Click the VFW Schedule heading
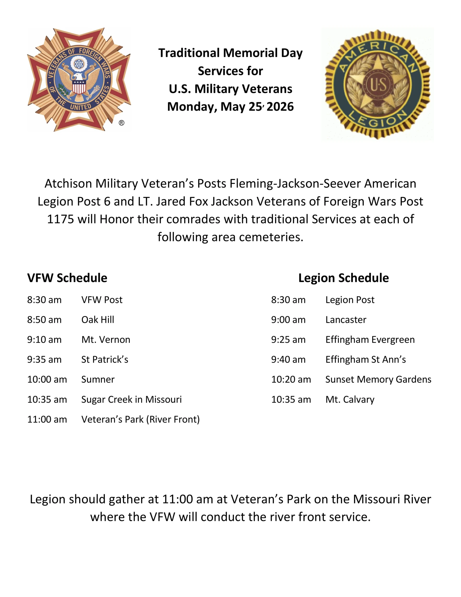pyautogui.click(x=67, y=278)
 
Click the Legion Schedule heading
pyautogui.click(x=344, y=278)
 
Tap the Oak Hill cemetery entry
pyautogui.click(x=98, y=320)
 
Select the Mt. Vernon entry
pyautogui.click(x=106, y=340)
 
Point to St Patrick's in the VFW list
pyautogui.click(x=105, y=360)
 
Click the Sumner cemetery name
pyautogui.click(x=98, y=379)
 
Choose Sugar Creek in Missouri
pyautogui.click(x=131, y=400)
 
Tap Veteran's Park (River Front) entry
pyautogui.click(x=140, y=419)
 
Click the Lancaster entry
pyautogui.click(x=346, y=320)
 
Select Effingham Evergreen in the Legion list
pyautogui.click(x=370, y=340)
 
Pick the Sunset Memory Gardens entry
pyautogui.click(x=378, y=380)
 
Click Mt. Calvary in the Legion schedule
pyautogui.click(x=350, y=400)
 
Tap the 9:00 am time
pyautogui.click(x=288, y=320)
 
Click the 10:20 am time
pyautogui.click(x=291, y=379)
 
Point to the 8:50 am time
pyautogui.click(x=44, y=320)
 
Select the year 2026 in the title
pyautogui.click(x=280, y=107)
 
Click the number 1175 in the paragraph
pyautogui.click(x=60, y=219)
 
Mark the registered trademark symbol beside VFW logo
pyautogui.click(x=121, y=123)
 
